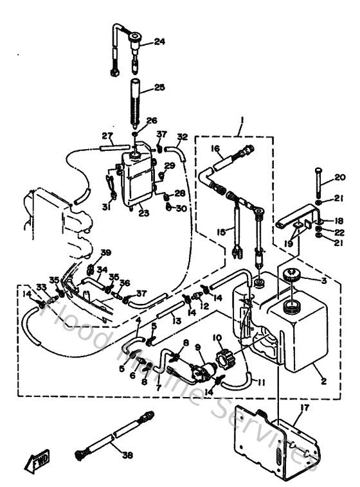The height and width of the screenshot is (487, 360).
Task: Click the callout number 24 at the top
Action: tap(159, 42)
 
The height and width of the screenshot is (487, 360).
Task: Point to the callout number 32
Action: tap(183, 137)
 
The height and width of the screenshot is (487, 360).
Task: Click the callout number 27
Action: tap(107, 136)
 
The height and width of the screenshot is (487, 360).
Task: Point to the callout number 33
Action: tap(41, 287)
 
